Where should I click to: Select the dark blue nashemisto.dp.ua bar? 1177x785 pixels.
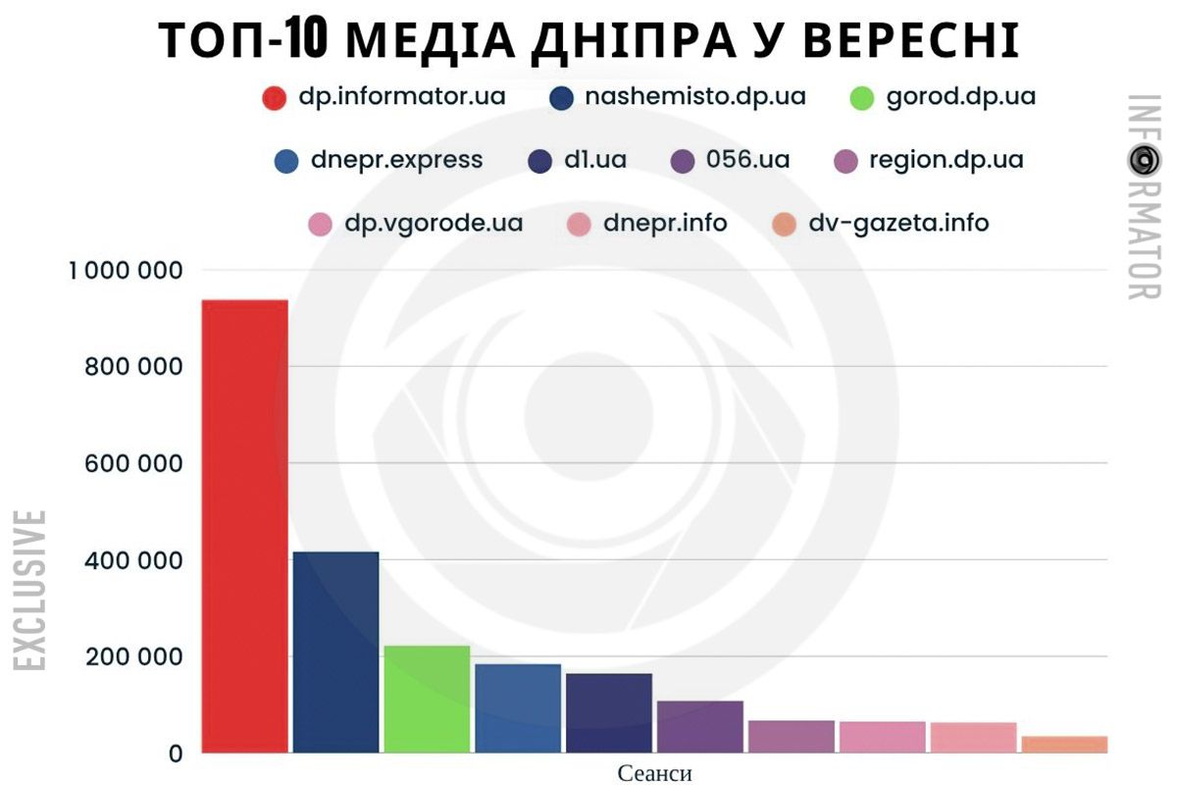pos(335,652)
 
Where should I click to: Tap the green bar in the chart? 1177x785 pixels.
pos(427,699)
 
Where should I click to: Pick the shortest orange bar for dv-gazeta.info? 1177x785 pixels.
pos(1064,745)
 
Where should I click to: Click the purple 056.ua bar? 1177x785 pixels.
pos(699,726)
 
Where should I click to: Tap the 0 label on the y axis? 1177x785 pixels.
pos(177,754)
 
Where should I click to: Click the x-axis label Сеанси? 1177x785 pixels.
pos(654,773)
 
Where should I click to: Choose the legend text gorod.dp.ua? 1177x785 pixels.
pos(960,97)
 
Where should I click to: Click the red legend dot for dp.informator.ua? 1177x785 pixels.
pos(275,99)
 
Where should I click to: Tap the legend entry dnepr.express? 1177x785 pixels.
pos(396,160)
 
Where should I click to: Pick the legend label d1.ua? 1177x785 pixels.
pos(595,160)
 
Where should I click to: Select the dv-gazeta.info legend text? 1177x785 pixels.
pos(898,223)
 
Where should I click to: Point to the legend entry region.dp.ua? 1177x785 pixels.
pos(946,160)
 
